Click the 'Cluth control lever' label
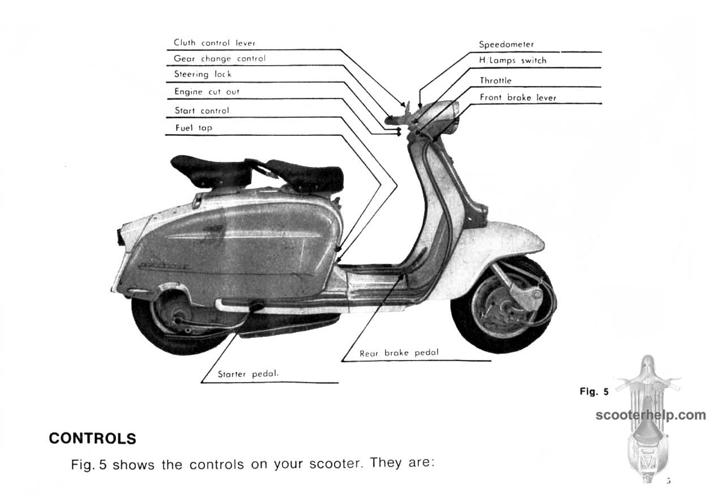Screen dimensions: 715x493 click(x=215, y=43)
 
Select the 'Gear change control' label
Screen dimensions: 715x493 click(x=220, y=59)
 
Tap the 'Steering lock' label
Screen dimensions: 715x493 click(x=203, y=74)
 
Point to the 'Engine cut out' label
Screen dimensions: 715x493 click(x=207, y=92)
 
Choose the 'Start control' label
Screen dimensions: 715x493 click(x=202, y=110)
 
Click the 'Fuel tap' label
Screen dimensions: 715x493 click(x=194, y=128)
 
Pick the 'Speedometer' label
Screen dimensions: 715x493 click(x=506, y=44)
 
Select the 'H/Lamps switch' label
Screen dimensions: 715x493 click(x=513, y=61)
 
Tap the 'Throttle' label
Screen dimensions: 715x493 click(x=495, y=80)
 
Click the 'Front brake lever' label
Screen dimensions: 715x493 click(x=518, y=97)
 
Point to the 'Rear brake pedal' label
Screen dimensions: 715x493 click(x=399, y=353)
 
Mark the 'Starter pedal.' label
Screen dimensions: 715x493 click(x=249, y=374)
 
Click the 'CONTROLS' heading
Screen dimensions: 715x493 click(x=93, y=439)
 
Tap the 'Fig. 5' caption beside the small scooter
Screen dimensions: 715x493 click(x=594, y=392)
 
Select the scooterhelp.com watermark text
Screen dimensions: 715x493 click(x=650, y=415)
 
